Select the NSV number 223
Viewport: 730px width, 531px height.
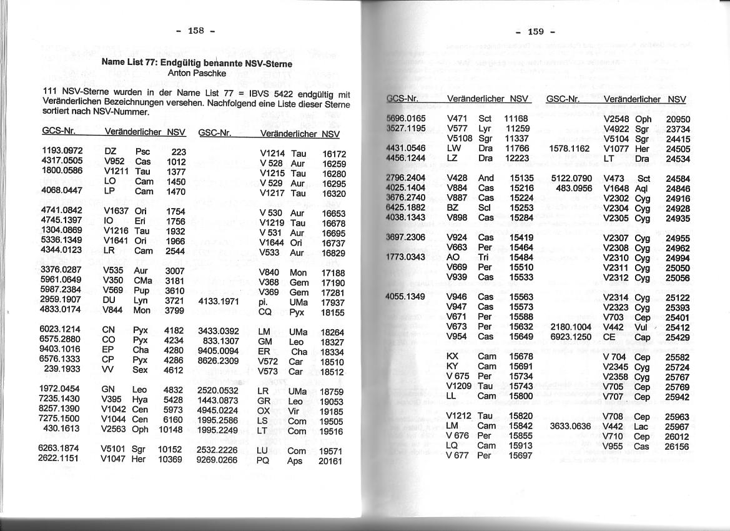[x=179, y=151]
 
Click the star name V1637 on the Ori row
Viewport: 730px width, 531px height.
[x=116, y=211]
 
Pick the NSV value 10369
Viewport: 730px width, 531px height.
[x=169, y=459]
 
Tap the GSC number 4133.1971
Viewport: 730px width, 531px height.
[x=219, y=301]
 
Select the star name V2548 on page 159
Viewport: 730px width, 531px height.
[x=616, y=119]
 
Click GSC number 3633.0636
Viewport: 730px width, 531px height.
[x=570, y=426]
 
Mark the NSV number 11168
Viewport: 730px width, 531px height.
[x=516, y=118]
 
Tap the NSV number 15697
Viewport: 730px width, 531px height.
[x=520, y=455]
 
